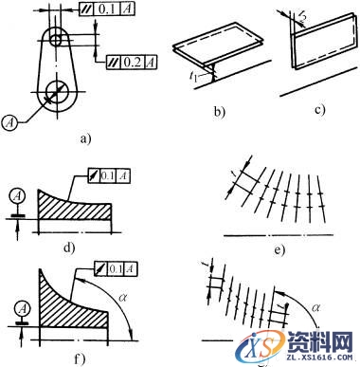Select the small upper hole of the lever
click(x=58, y=40)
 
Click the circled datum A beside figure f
click(x=16, y=306)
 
